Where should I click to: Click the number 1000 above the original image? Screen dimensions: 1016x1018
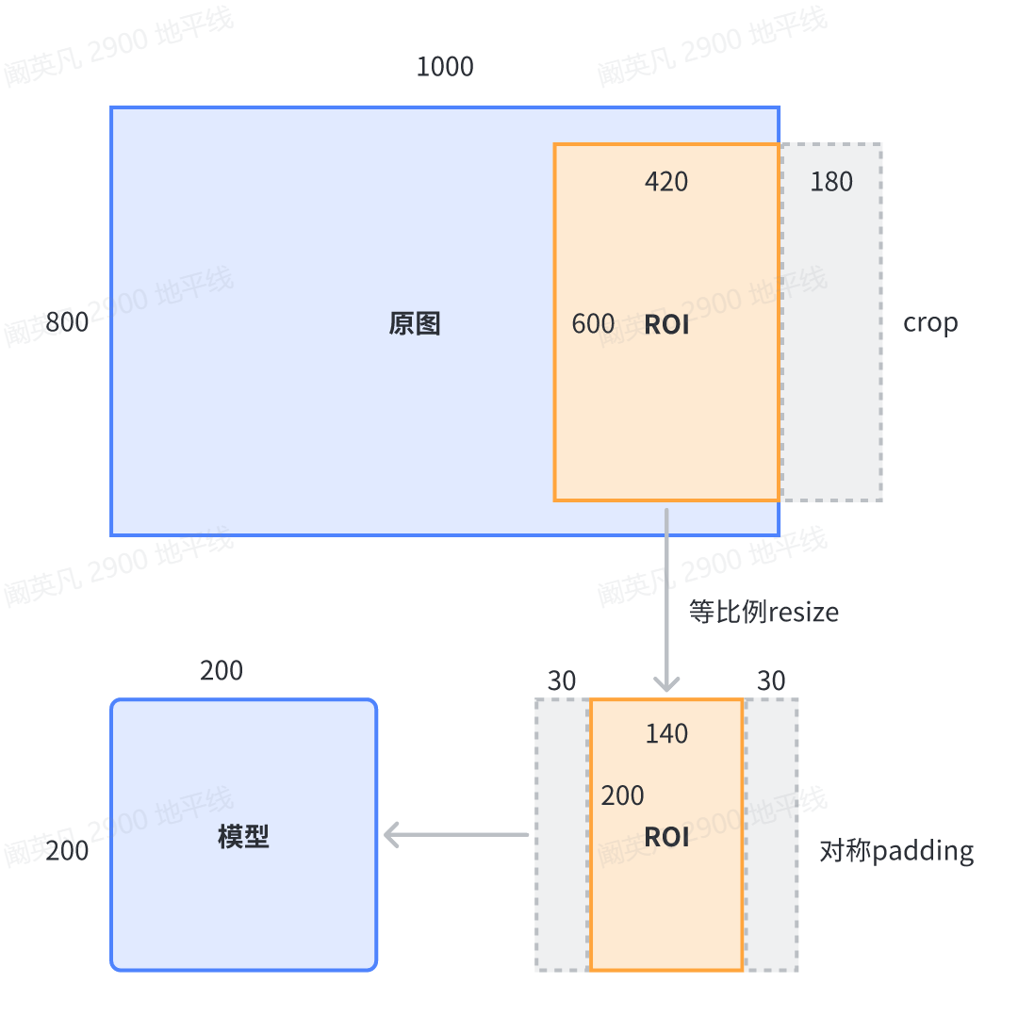point(445,68)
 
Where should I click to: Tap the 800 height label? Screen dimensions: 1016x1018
point(67,322)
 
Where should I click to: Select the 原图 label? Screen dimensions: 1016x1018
point(415,324)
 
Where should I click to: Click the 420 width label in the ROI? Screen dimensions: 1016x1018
point(666,182)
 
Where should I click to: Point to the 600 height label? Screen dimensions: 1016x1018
point(593,324)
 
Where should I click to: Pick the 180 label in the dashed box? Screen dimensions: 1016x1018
point(831,182)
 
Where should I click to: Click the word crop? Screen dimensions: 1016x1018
point(930,322)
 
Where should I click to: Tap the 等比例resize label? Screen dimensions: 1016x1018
point(763,613)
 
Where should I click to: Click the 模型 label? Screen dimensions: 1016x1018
point(244,836)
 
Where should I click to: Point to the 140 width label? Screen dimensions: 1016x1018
point(666,734)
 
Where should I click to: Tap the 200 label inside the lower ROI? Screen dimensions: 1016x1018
point(623,796)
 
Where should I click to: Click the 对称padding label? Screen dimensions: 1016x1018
point(896,852)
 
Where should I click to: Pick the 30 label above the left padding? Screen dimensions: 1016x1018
point(562,681)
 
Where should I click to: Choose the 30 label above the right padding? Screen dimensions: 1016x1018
point(771,681)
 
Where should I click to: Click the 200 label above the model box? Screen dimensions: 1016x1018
point(222,671)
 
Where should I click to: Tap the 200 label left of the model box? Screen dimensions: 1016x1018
point(67,852)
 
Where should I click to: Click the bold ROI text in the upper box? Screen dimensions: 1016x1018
point(666,326)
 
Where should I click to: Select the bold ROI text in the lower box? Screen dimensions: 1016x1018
point(666,838)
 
